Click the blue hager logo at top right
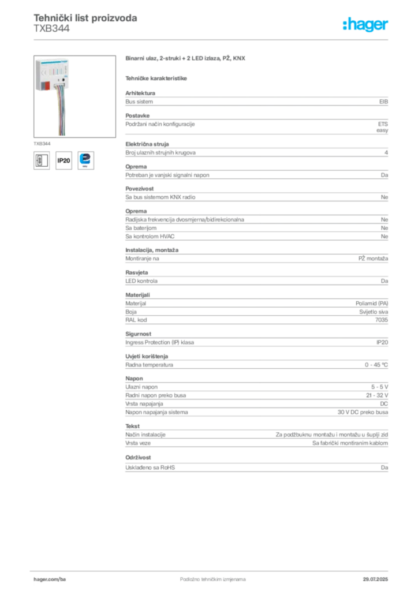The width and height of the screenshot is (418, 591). tap(366, 25)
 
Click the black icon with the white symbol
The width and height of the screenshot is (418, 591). tap(40, 160)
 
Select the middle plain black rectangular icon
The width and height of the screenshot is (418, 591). tap(64, 160)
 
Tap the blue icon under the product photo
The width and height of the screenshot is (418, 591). tap(87, 159)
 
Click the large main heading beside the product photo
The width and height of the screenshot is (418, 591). tap(186, 59)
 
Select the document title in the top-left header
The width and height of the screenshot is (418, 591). tap(85, 18)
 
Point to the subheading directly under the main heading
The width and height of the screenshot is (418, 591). tap(157, 78)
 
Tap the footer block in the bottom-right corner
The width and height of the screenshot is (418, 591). tap(376, 576)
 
